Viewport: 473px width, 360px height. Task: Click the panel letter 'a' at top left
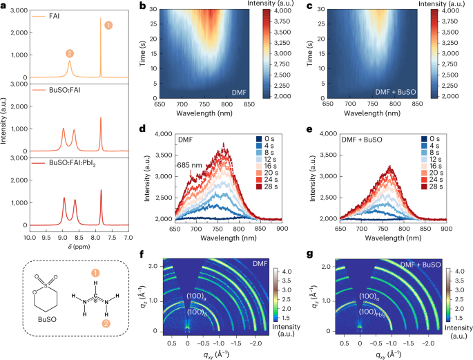tap(4, 7)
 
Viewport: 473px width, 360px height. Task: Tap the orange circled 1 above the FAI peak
tap(107, 25)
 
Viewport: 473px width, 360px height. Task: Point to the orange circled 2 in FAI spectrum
tap(69, 53)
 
